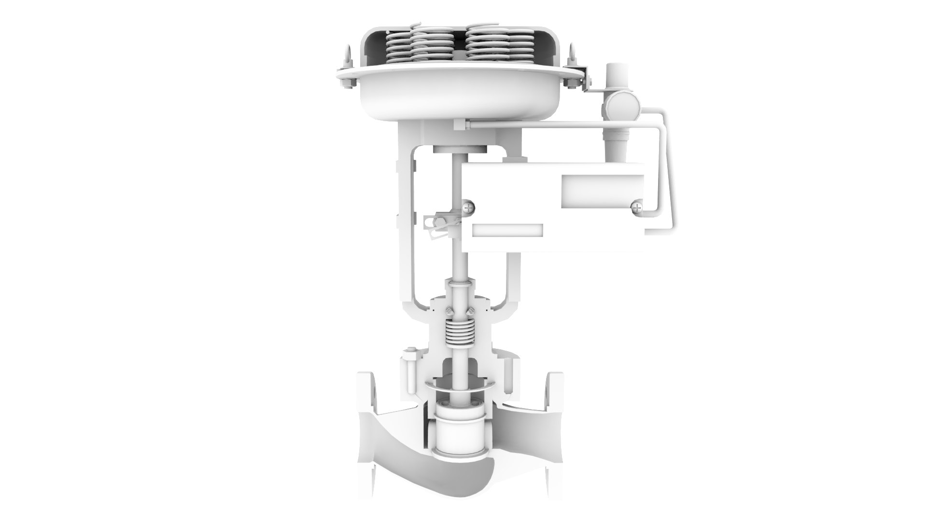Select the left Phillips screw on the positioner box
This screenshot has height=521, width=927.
point(469,207)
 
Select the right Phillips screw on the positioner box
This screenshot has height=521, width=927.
point(637,208)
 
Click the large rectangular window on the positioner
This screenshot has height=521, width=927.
point(603,189)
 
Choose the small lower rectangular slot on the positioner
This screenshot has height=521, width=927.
point(507,230)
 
